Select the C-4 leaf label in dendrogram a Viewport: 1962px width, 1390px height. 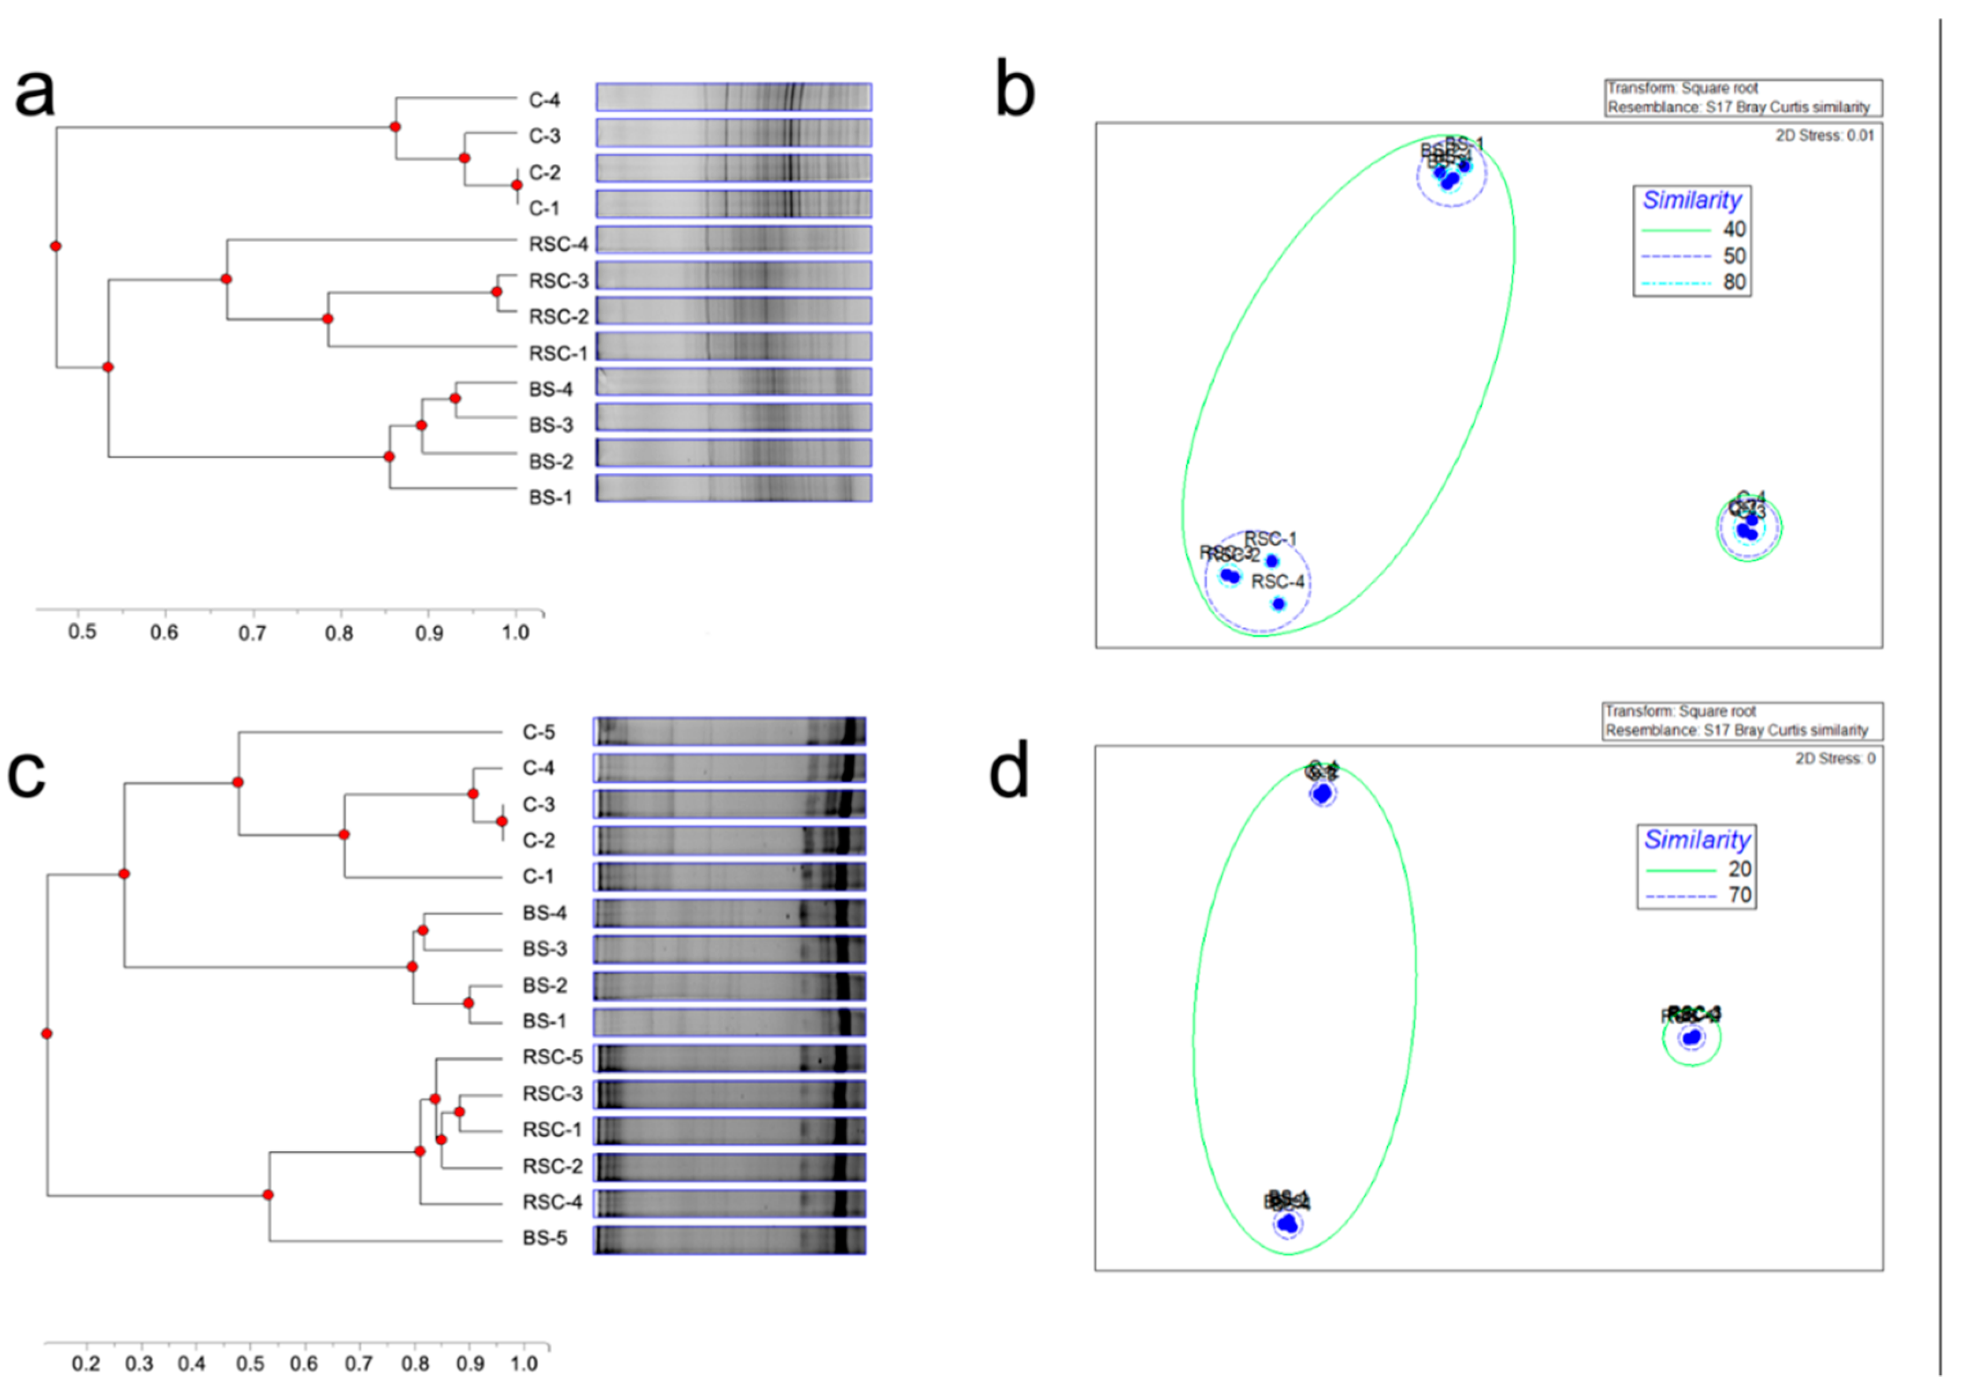point(544,100)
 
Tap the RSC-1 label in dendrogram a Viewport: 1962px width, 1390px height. point(558,354)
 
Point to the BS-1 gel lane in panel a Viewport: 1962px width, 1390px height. point(734,489)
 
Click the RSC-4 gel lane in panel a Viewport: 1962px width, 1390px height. point(734,240)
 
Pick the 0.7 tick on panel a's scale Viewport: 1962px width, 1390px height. point(252,633)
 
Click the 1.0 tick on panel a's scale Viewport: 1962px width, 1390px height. point(515,633)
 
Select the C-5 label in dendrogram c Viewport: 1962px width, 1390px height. point(538,733)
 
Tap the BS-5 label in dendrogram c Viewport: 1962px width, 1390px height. point(544,1239)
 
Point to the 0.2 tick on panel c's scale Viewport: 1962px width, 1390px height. point(86,1363)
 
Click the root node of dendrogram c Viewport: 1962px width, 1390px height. point(47,1034)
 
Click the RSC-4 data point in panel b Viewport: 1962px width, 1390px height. point(1278,604)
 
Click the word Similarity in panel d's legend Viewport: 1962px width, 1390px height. point(1697,839)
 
